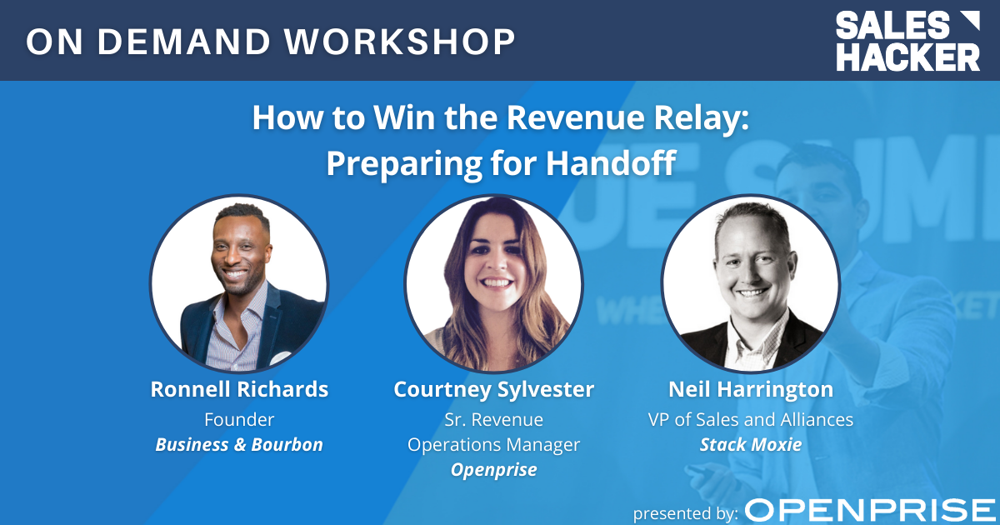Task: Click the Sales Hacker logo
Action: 908,41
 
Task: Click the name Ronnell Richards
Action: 239,389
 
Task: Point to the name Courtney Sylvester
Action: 494,389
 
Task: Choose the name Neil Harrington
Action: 751,389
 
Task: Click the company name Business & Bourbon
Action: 239,444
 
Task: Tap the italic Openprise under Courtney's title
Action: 494,469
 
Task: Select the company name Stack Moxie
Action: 751,444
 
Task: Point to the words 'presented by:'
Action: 685,512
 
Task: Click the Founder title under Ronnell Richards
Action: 239,419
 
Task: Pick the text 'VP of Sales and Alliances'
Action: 751,419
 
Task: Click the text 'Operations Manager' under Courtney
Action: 494,444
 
